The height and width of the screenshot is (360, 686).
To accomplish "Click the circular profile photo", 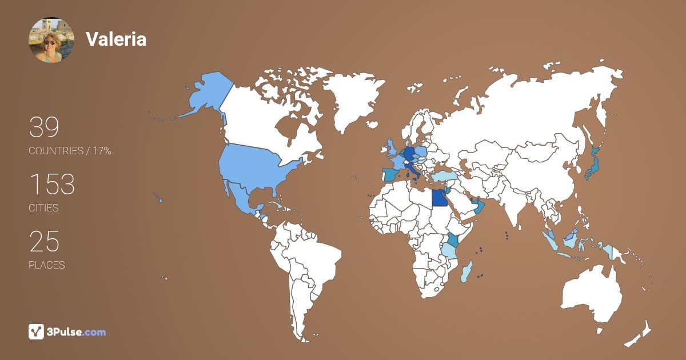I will (x=51, y=40).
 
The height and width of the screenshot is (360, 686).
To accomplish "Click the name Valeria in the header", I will (x=116, y=39).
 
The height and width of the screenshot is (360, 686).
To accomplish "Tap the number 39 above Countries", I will (x=44, y=127).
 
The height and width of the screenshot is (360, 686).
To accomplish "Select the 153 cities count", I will (x=52, y=185).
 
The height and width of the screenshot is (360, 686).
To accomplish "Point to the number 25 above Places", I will (x=44, y=242).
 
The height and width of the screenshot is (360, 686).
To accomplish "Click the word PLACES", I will (x=47, y=265).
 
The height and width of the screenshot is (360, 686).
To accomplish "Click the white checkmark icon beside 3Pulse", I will (x=37, y=331).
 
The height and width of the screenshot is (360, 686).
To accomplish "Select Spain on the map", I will (x=390, y=175).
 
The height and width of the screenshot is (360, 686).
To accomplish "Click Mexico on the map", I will (x=241, y=197).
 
